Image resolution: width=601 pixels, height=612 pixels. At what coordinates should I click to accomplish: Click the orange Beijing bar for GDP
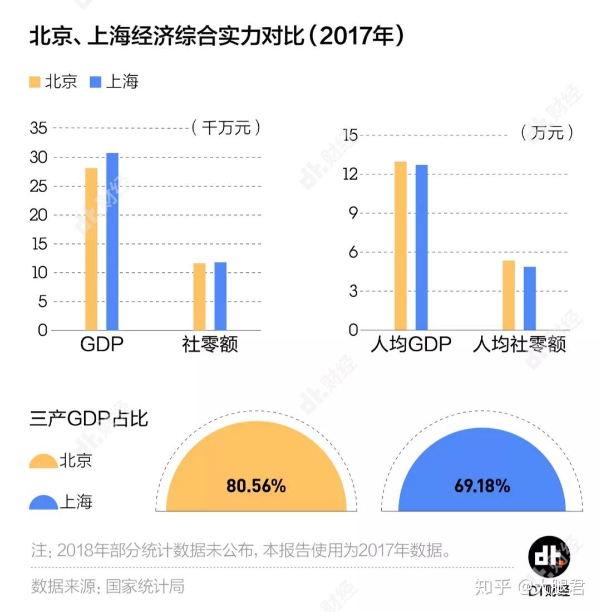(x=91, y=249)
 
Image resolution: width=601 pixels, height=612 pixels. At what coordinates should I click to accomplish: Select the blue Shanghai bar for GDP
(x=112, y=241)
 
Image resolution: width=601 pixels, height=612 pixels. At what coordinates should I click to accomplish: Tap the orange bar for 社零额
(x=199, y=296)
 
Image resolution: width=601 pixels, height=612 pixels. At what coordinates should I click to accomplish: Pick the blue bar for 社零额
(x=220, y=296)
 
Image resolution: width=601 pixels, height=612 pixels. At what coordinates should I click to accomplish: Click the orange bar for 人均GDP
(x=401, y=246)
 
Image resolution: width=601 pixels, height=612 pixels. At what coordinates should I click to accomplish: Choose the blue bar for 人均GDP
(x=421, y=247)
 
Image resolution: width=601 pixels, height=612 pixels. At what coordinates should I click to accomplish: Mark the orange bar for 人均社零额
(x=509, y=295)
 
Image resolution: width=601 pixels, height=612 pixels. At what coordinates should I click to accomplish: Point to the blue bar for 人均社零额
(x=529, y=298)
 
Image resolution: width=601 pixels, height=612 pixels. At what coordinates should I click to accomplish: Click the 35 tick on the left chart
(x=38, y=128)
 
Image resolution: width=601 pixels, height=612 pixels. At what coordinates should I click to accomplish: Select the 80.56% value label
(x=256, y=486)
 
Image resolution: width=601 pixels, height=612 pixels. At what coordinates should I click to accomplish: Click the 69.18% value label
(x=482, y=486)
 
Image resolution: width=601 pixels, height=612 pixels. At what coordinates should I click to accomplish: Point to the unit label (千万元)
(x=226, y=128)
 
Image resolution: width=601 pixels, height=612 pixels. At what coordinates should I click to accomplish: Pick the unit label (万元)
(x=547, y=133)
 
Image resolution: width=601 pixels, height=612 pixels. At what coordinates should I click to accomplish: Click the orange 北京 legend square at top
(x=35, y=82)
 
